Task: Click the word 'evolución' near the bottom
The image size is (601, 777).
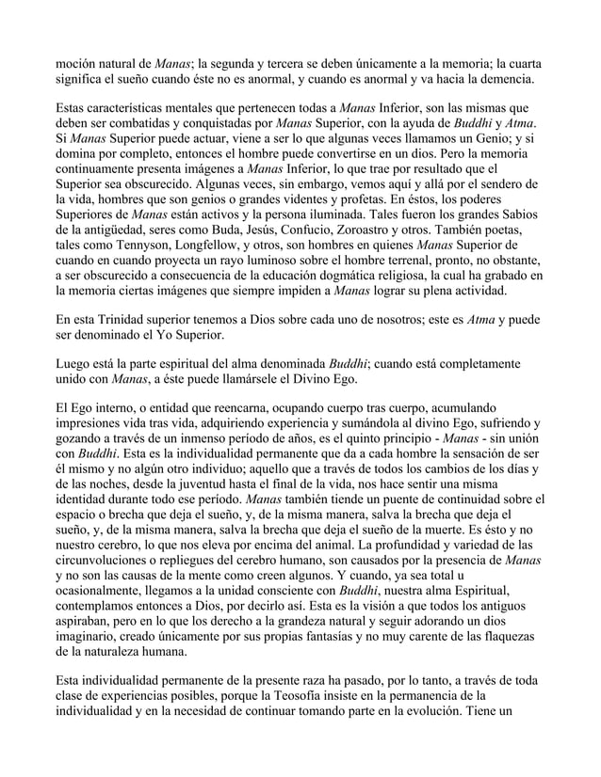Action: pos(427,749)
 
